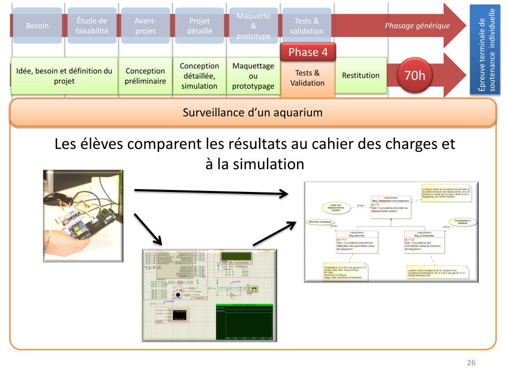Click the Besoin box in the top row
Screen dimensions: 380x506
pos(38,26)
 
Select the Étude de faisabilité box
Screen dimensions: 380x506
pos(92,26)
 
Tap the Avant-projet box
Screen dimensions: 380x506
pos(145,26)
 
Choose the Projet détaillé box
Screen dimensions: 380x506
pos(199,26)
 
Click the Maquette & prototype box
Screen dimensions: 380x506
pos(253,26)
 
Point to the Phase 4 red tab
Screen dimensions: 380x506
pos(307,52)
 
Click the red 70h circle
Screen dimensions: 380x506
pos(415,76)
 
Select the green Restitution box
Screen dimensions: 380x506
pos(361,76)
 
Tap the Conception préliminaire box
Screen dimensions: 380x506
pos(145,76)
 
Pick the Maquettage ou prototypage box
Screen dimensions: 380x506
pos(253,76)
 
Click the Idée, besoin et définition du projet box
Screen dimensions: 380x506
pos(64,76)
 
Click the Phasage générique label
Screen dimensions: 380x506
pos(417,26)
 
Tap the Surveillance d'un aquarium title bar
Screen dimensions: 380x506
pos(253,112)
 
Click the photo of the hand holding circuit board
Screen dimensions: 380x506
pos(83,216)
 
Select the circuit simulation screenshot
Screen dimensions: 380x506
pos(210,295)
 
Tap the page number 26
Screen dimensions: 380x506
pos(471,363)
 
